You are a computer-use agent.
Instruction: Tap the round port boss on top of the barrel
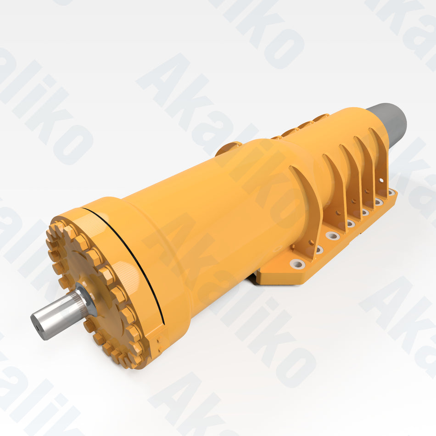click(x=228, y=148)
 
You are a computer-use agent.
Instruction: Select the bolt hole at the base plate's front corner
click(x=297, y=264)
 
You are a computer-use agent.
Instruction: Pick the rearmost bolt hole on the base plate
click(x=391, y=193)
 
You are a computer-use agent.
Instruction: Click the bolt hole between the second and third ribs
click(x=350, y=224)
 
